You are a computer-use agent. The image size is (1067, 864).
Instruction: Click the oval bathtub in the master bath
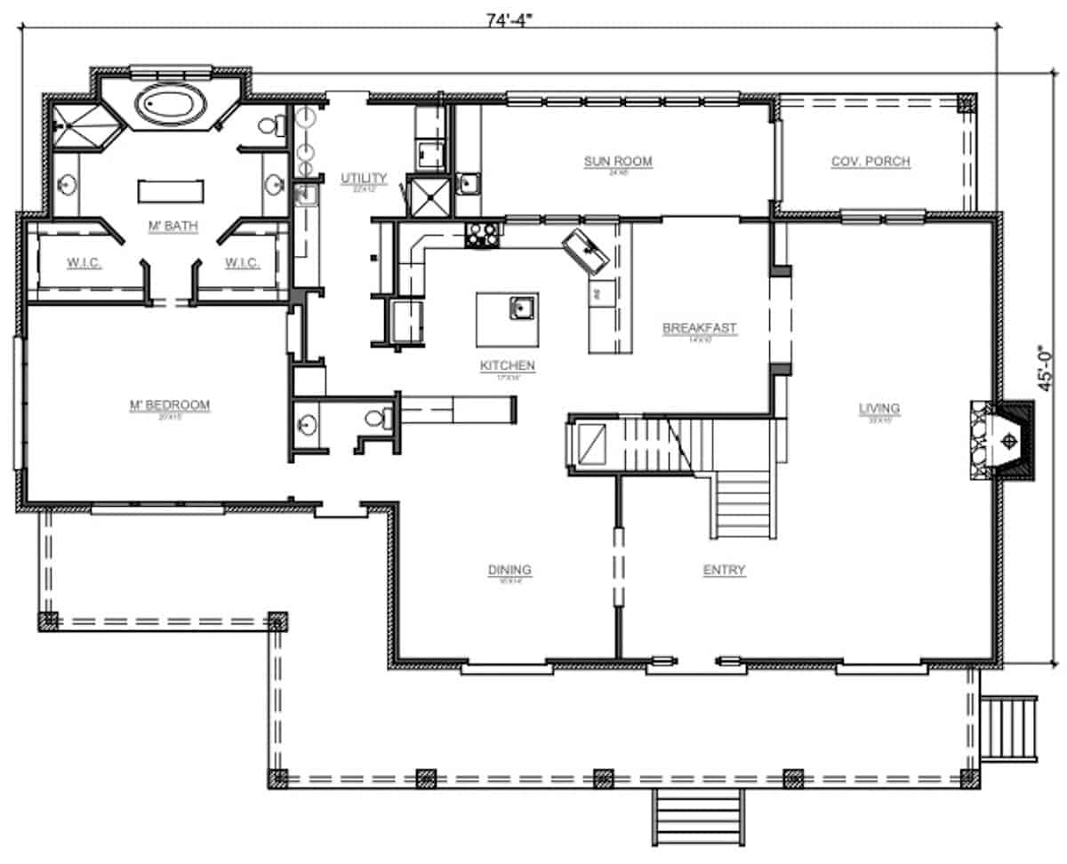tap(172, 106)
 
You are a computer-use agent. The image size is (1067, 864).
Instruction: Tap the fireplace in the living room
tap(1005, 441)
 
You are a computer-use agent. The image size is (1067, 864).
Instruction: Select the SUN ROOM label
tap(618, 162)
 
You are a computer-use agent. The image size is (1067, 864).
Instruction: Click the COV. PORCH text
tap(870, 162)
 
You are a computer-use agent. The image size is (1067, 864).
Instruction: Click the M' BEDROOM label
tap(170, 405)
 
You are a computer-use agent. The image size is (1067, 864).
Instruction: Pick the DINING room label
tap(509, 570)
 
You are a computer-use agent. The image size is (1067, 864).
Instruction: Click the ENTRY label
tap(724, 570)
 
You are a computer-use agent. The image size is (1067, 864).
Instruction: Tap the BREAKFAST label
tap(700, 328)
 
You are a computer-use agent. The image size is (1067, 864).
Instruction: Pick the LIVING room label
tap(878, 409)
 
